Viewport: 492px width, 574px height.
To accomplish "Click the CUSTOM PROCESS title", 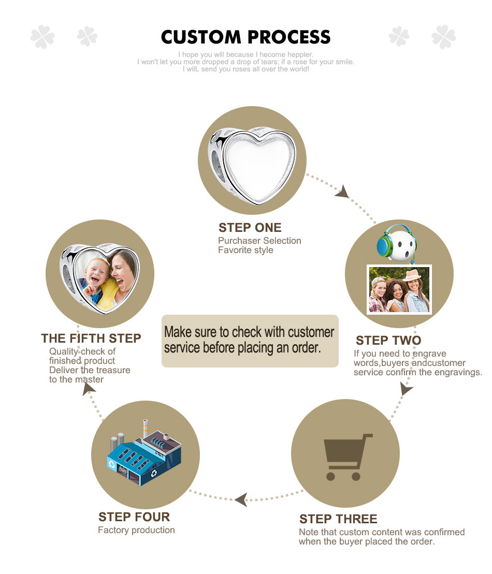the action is coord(246,37).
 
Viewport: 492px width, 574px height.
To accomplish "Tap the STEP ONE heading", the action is coord(250,228).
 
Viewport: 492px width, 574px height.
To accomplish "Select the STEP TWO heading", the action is coord(388,341).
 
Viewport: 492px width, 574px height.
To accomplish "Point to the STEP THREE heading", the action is coord(338,519).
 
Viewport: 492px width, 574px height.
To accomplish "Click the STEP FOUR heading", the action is coord(134,517).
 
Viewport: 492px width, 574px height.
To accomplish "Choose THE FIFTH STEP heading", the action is coord(91,338).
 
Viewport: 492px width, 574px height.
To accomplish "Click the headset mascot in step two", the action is coord(397,243).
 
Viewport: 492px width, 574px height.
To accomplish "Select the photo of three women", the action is coord(399,289).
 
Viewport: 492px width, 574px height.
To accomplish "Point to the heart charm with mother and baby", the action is coord(99,278).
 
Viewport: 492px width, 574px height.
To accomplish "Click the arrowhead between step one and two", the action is coord(342,192).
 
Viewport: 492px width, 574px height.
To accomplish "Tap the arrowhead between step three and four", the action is coord(241,499).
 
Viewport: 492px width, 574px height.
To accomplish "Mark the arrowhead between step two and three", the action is coord(406,388).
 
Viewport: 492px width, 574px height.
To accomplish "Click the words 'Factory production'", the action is coord(136,530).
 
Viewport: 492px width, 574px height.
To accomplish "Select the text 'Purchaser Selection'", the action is coord(259,241).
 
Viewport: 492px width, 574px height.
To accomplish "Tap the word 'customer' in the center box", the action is coord(311,332).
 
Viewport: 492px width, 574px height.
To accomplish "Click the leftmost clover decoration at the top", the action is coord(42,37).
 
